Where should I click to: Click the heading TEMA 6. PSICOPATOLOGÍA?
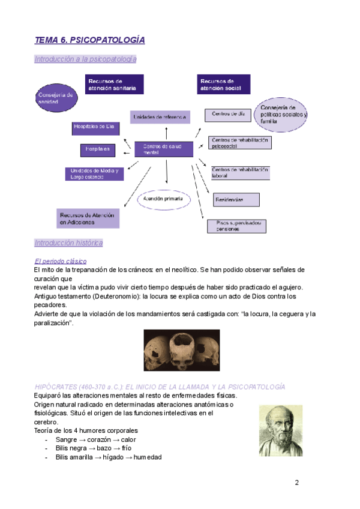tap(90, 40)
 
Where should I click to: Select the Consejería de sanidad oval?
tap(56, 98)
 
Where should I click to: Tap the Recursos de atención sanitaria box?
tap(114, 85)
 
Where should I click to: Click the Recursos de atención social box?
tap(224, 85)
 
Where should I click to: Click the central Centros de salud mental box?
tap(164, 149)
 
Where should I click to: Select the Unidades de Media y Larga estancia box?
tap(94, 173)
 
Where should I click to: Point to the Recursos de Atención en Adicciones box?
tap(88, 218)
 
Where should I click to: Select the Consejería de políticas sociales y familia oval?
tap(282, 114)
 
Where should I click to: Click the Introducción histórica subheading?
tap(68, 243)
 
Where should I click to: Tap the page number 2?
tap(296, 483)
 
